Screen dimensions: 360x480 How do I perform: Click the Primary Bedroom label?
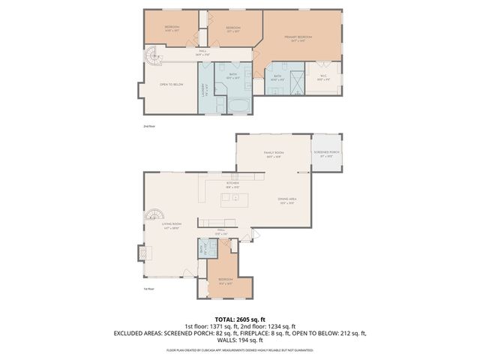(x=298, y=37)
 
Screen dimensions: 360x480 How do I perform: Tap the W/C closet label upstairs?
(x=323, y=76)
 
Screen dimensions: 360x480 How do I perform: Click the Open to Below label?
(x=171, y=84)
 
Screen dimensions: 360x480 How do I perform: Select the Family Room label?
(x=273, y=154)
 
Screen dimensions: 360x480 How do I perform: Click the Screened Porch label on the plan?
(x=328, y=154)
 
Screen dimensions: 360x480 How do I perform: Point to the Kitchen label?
(x=233, y=184)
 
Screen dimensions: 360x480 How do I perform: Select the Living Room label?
(x=172, y=224)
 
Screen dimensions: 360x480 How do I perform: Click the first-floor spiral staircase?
(x=154, y=217)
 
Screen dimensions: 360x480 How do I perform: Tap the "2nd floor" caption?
(x=148, y=127)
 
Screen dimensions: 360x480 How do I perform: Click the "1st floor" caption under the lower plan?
(x=148, y=289)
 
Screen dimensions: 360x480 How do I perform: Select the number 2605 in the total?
(x=244, y=318)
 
